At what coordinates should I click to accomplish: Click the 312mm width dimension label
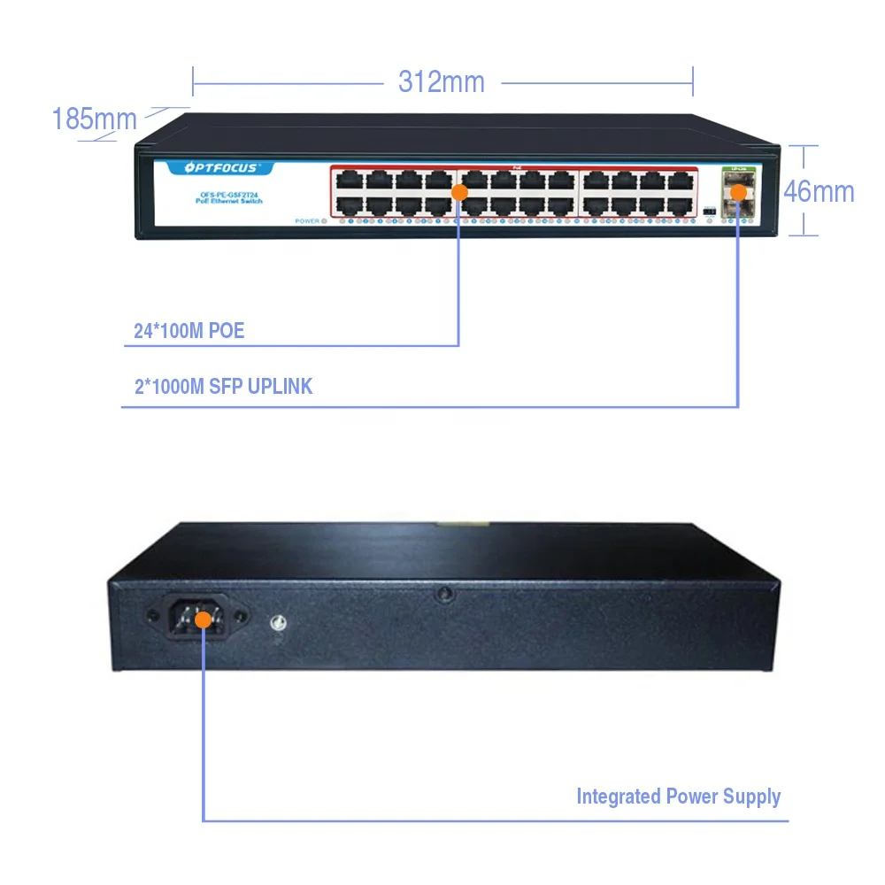click(442, 82)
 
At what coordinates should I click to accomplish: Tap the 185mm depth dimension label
click(94, 119)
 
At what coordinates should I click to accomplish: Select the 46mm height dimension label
click(819, 191)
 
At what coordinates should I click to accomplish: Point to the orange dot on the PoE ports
click(459, 191)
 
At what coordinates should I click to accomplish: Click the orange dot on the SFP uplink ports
click(738, 191)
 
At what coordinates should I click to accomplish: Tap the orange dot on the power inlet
click(203, 619)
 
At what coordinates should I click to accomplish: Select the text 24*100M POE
click(189, 332)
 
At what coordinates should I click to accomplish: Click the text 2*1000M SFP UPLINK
click(223, 387)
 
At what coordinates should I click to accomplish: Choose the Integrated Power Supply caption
click(678, 796)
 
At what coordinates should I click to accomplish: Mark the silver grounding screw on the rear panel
click(280, 624)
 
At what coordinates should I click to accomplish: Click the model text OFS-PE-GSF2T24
click(216, 195)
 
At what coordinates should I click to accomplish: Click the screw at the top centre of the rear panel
click(442, 595)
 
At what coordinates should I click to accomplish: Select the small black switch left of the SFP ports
click(709, 211)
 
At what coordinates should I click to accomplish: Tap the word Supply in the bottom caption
click(750, 796)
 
